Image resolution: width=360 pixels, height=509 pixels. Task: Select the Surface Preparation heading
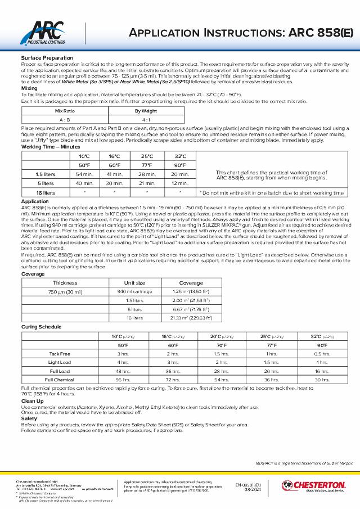[47, 58]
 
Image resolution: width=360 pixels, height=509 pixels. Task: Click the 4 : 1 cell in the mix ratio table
[146, 120]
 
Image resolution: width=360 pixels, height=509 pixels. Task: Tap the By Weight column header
[146, 111]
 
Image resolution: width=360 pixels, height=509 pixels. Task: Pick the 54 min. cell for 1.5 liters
[84, 174]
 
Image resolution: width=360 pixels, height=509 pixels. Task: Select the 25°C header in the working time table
[147, 156]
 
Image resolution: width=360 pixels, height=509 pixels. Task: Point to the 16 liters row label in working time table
[46, 192]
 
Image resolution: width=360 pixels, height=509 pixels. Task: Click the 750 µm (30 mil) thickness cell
[65, 292]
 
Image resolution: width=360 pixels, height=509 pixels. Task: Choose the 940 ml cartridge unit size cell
[134, 292]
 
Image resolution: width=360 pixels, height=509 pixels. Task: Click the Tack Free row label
[60, 354]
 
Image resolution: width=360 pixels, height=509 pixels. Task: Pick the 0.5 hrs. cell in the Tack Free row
[322, 354]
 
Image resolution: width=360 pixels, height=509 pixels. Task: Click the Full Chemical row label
[60, 380]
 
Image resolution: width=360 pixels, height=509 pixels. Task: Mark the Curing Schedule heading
[42, 327]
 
